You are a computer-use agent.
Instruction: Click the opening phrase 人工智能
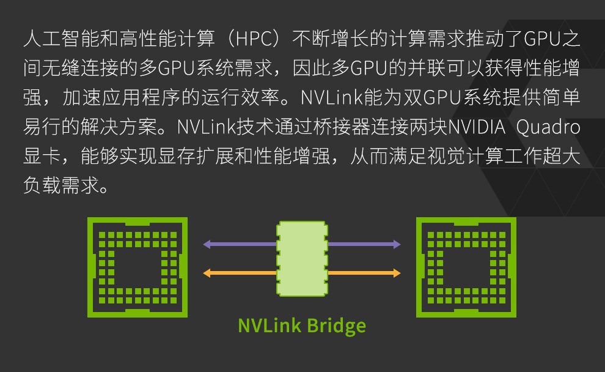pyautogui.click(x=61, y=39)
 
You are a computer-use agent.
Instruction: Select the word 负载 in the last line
pyautogui.click(x=42, y=185)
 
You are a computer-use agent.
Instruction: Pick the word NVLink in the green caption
pyautogui.click(x=269, y=325)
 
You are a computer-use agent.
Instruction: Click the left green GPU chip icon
pyautogui.click(x=137, y=267)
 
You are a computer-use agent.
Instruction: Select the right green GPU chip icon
pyautogui.click(x=466, y=267)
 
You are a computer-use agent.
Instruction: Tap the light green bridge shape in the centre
pyautogui.click(x=302, y=259)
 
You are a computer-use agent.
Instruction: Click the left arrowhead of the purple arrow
pyautogui.click(x=207, y=244)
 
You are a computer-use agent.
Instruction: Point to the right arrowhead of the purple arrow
pyautogui.click(x=397, y=244)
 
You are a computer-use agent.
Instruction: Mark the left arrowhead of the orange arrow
pyautogui.click(x=207, y=273)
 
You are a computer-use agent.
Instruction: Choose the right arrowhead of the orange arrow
pyautogui.click(x=397, y=273)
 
